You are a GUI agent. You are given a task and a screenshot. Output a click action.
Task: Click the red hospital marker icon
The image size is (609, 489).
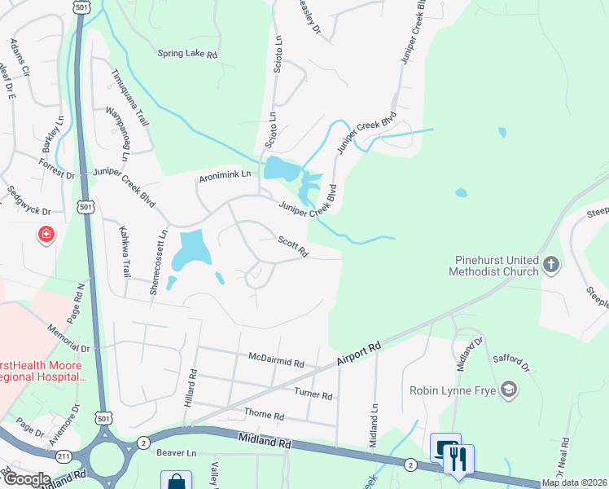pyautogui.click(x=47, y=236)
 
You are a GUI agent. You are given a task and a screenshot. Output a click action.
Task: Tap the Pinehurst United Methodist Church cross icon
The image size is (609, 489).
pyautogui.click(x=551, y=263)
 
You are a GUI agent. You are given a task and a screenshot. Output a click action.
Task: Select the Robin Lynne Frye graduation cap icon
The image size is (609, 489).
pyautogui.click(x=510, y=389)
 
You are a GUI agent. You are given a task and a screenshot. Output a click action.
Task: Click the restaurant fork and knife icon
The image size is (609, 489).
pyautogui.click(x=458, y=459)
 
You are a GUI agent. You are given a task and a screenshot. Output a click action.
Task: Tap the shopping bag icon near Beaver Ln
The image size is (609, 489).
pyautogui.click(x=176, y=482)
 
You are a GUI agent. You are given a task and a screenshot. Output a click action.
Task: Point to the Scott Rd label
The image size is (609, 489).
pyautogui.click(x=292, y=246)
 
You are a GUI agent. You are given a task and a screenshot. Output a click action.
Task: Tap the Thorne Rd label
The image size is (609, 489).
pyautogui.click(x=264, y=416)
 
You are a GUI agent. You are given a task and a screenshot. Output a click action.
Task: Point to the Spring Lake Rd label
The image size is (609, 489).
pyautogui.click(x=188, y=55)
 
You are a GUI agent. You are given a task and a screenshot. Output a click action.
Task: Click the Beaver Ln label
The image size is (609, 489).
pyautogui.click(x=177, y=452)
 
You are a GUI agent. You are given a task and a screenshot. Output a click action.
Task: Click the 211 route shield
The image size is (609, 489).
pyautogui.click(x=62, y=456)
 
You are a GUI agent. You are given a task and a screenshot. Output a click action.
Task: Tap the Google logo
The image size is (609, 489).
pyautogui.click(x=27, y=479)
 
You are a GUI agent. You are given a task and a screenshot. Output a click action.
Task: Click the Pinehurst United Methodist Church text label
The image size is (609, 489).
pyautogui.click(x=497, y=266)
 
